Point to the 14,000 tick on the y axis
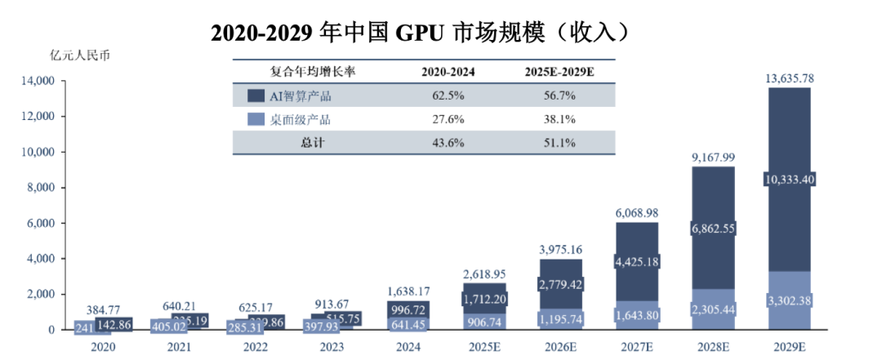(x=37, y=81)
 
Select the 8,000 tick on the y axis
(x=39, y=188)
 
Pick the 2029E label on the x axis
(x=789, y=346)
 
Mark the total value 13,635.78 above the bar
(x=789, y=79)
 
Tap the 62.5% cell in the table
(x=448, y=96)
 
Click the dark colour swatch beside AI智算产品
(x=255, y=96)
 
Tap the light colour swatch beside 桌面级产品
(x=255, y=119)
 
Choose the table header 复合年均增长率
(x=313, y=72)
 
